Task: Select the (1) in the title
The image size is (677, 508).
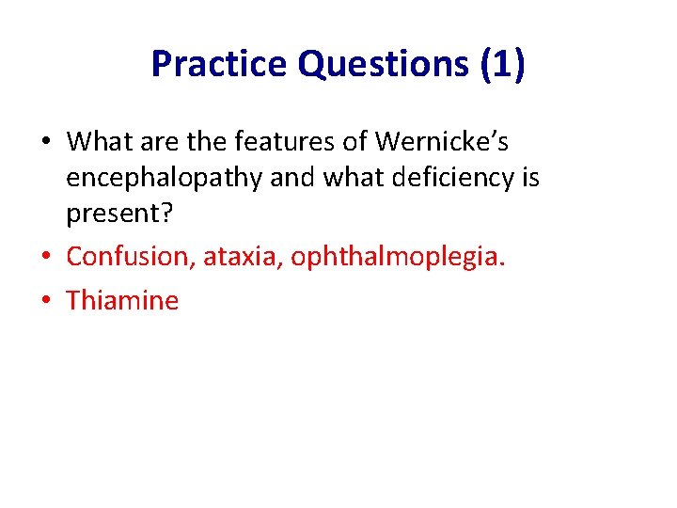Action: point(502,64)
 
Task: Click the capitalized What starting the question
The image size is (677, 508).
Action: point(101,141)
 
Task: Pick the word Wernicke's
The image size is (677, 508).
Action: point(442,141)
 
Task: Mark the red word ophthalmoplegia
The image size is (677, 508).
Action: point(398,257)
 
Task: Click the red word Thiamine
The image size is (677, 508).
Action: point(122,300)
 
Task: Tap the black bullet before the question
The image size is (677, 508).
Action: point(46,142)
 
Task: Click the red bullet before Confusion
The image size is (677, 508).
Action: point(46,257)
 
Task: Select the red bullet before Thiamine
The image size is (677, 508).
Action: point(46,300)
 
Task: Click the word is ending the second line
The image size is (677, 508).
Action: point(528,178)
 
